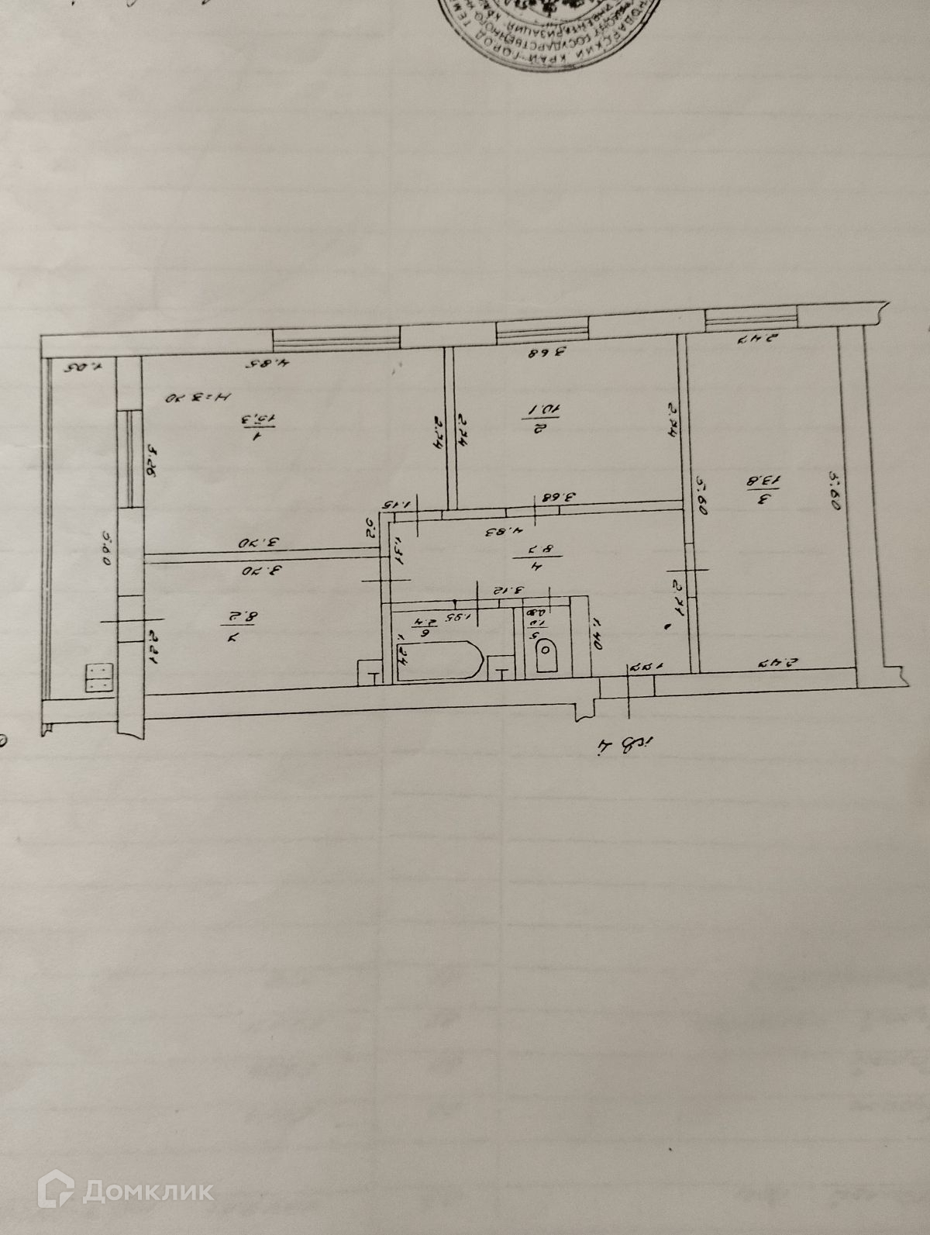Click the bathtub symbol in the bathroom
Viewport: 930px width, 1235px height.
pyautogui.click(x=439, y=661)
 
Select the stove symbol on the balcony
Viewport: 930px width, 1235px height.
pyautogui.click(x=98, y=678)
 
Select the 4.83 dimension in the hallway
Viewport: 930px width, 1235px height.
pyautogui.click(x=500, y=532)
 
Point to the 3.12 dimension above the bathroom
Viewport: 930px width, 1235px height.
pyautogui.click(x=502, y=592)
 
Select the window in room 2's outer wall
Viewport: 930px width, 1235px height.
pyautogui.click(x=542, y=330)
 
